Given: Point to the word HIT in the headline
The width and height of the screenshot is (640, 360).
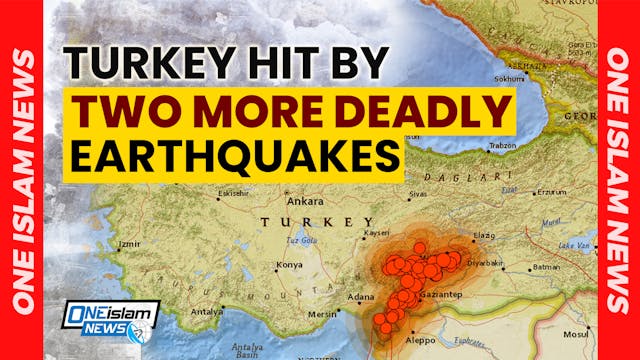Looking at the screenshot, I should [289, 64].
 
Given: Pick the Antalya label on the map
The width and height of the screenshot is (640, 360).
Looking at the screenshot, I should [207, 311].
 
